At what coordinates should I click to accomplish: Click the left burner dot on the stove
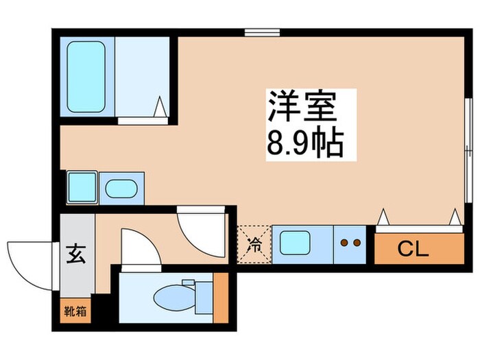(x=344, y=242)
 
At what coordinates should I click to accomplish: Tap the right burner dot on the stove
(x=357, y=242)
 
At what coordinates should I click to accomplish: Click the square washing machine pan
(x=82, y=187)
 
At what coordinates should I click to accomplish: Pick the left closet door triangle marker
(x=383, y=217)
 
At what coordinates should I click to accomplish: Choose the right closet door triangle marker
(x=453, y=217)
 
